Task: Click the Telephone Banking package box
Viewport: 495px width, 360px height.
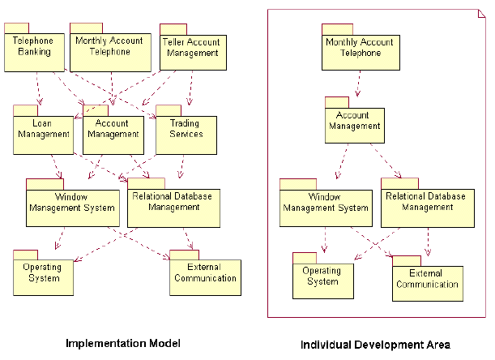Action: coord(34,50)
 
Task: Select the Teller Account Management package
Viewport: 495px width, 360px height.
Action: coord(192,51)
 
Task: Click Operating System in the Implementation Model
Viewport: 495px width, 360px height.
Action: coord(42,276)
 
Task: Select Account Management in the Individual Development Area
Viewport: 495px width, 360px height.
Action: coord(355,125)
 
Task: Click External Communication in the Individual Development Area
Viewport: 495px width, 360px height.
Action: coord(427,282)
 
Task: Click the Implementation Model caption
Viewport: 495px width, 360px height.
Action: coord(122,343)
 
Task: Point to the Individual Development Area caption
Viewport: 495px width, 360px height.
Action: coord(375,344)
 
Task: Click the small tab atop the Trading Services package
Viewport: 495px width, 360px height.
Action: coord(168,109)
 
